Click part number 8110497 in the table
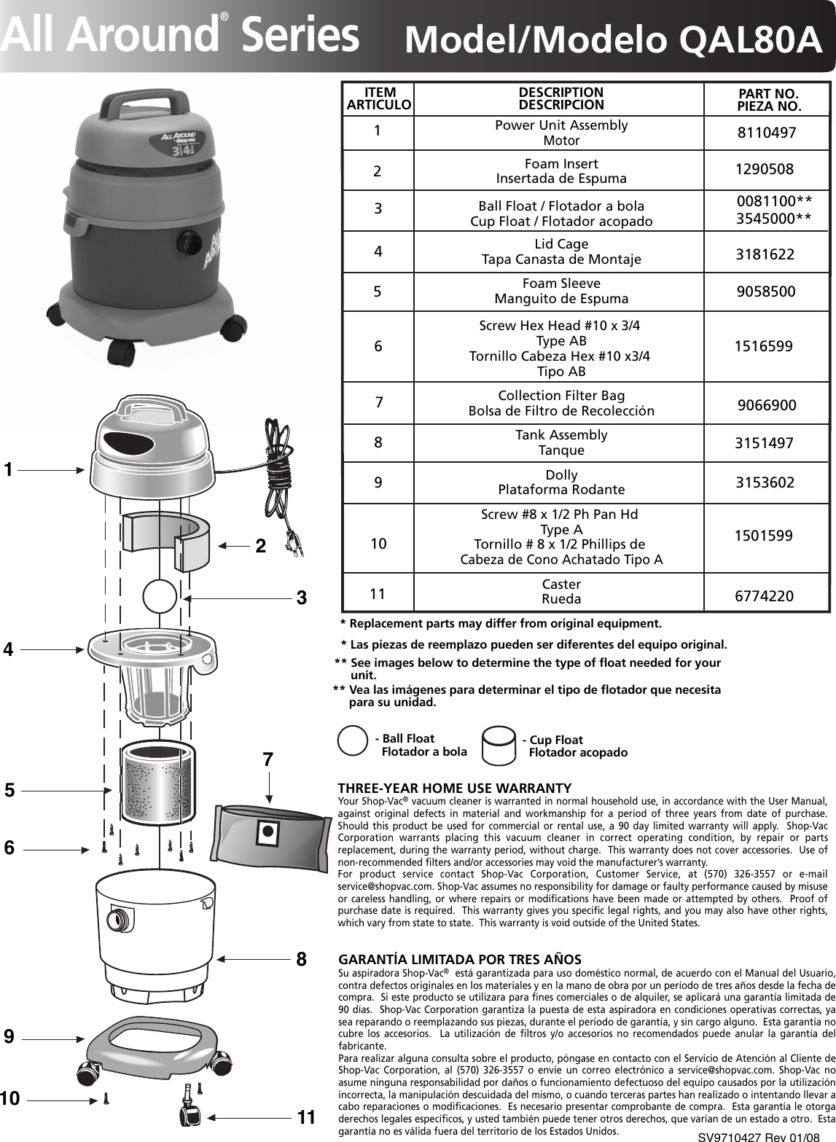click(766, 133)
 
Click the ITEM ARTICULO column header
click(379, 98)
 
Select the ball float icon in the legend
click(353, 742)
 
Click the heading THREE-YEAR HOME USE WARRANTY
click(455, 788)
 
